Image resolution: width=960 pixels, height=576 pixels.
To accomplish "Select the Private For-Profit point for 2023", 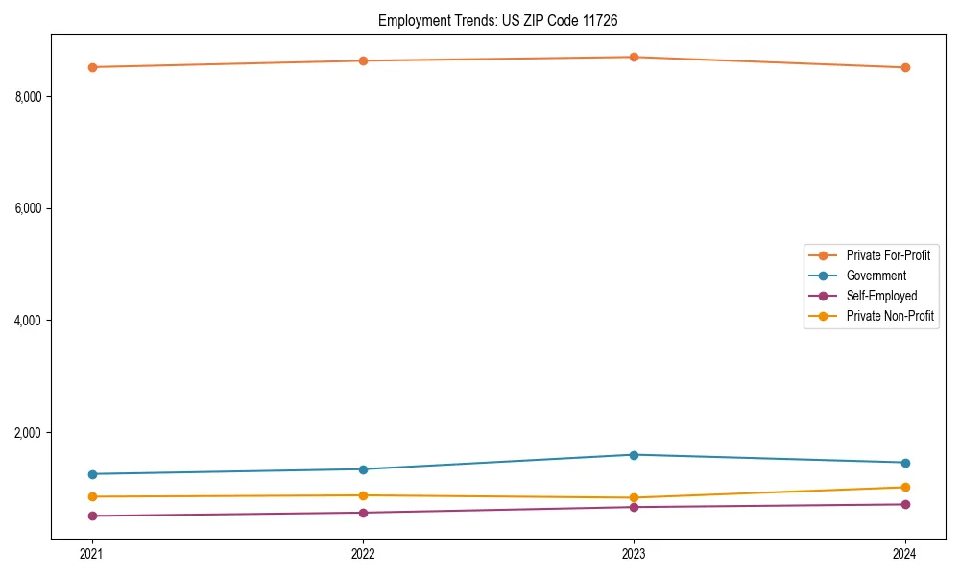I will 634,57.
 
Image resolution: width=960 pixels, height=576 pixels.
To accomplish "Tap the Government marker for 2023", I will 634,455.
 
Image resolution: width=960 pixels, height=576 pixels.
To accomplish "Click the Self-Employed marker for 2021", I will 92,516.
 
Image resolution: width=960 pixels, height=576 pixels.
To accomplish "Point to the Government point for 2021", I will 92,474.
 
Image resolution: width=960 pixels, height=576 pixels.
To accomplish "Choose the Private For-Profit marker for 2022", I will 363,60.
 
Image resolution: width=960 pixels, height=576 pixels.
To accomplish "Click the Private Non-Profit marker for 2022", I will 363,495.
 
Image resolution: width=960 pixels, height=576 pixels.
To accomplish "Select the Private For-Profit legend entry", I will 887,255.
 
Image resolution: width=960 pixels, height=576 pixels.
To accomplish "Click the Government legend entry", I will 876,276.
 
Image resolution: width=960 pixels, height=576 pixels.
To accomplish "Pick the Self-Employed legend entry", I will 881,296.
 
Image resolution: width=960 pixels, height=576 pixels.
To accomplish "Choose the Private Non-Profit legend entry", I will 890,316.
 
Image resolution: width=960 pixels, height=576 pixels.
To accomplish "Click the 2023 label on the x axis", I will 634,554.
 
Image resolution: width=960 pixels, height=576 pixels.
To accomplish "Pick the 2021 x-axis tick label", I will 92,554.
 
